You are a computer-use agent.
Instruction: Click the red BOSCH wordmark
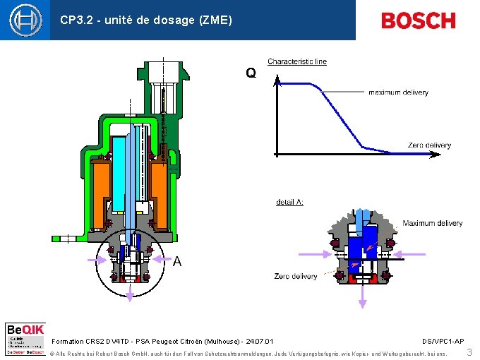(x=418, y=20)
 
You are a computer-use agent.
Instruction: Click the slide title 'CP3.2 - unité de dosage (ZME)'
(x=146, y=20)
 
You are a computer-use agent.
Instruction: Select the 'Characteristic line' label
(x=296, y=61)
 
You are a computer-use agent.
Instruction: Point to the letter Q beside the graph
(x=251, y=73)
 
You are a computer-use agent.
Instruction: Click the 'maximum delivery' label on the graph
(x=398, y=92)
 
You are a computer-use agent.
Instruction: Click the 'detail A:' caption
(x=289, y=203)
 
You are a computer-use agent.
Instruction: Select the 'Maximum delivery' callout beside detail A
(x=432, y=223)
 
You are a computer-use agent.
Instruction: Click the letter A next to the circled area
(x=177, y=261)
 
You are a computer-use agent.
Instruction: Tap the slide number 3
(x=469, y=351)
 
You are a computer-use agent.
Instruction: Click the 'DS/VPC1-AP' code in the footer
(x=443, y=341)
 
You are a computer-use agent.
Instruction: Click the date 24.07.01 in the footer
(x=267, y=341)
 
